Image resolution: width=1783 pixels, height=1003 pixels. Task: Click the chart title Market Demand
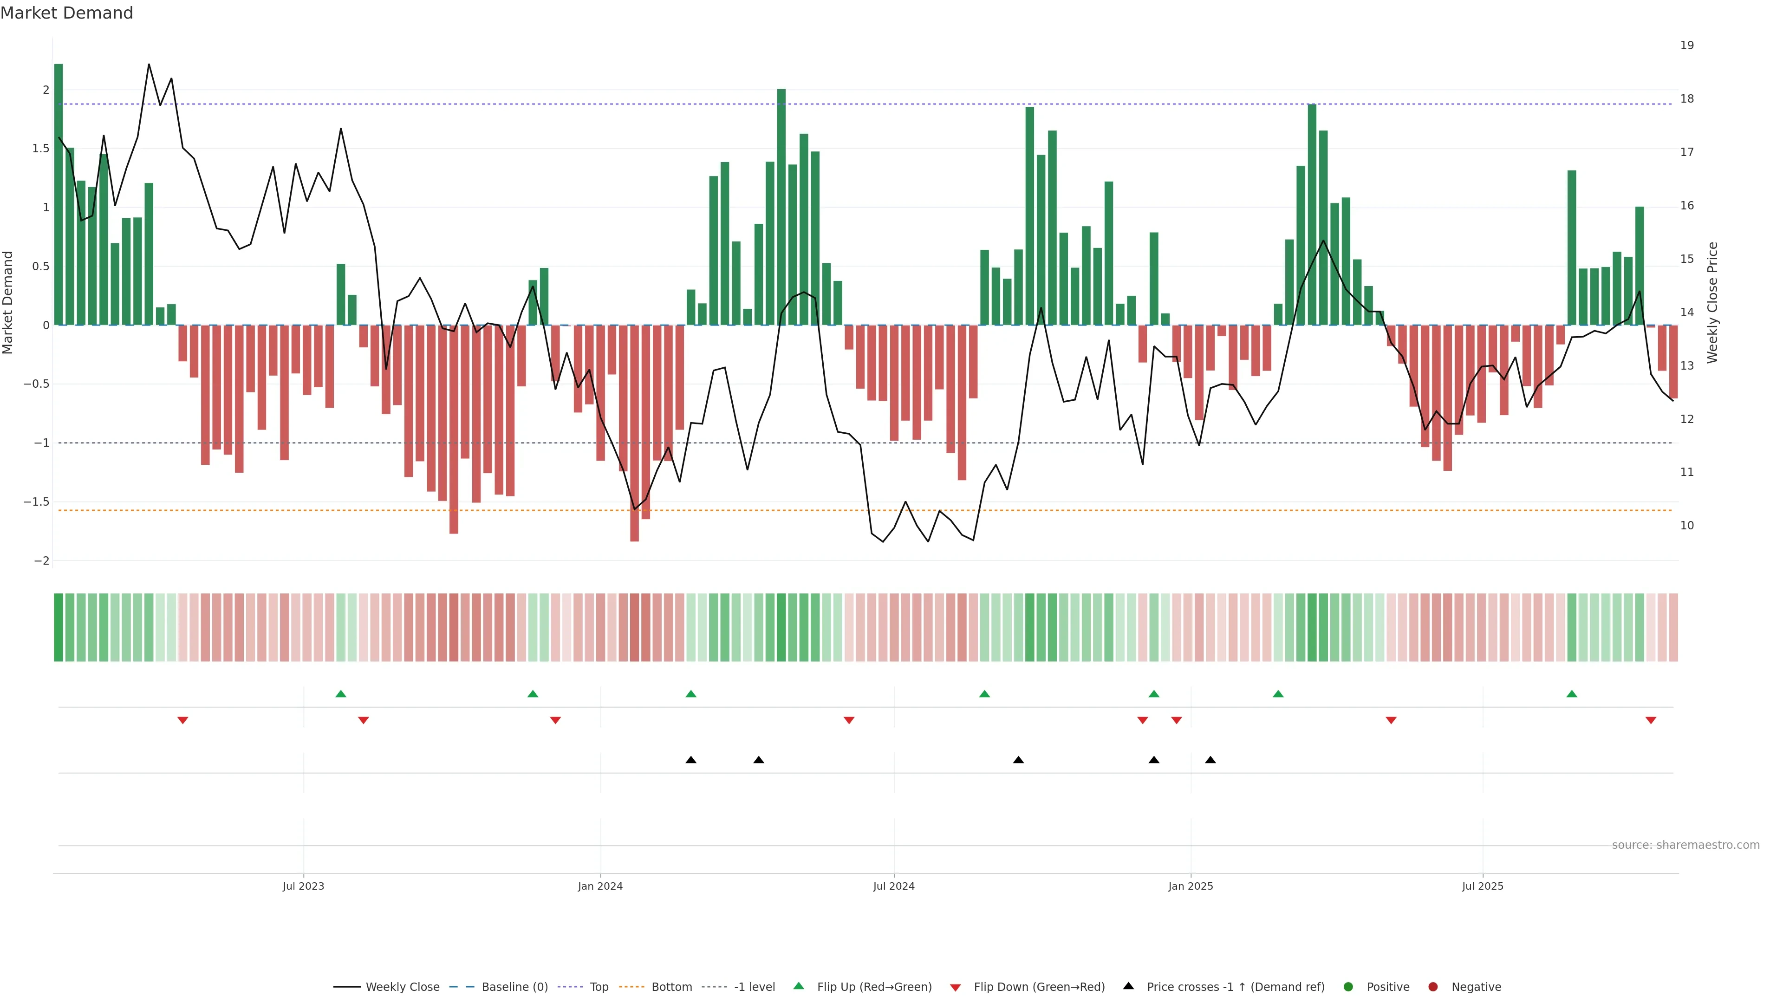66,13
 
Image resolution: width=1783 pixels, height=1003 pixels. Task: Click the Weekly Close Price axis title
1712,302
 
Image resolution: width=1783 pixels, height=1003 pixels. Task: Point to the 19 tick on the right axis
1687,46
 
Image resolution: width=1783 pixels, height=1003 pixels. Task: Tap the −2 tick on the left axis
41,560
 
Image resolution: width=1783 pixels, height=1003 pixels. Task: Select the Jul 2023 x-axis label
303,886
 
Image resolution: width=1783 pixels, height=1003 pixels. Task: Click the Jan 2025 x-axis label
1191,886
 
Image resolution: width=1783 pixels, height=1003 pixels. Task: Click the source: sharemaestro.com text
1685,845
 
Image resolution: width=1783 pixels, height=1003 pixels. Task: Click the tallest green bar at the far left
59,194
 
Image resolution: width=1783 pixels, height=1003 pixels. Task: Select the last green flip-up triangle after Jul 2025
1572,694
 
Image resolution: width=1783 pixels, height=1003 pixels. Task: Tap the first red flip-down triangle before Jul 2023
183,721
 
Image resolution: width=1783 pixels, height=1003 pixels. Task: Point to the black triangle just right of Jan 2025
1210,760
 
